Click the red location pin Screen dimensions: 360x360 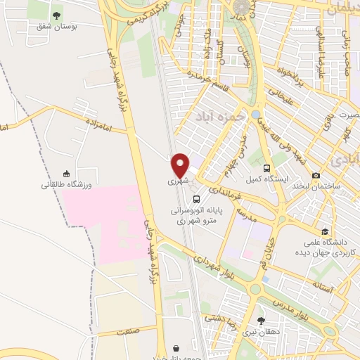(x=181, y=165)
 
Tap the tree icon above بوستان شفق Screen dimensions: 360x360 (x=56, y=15)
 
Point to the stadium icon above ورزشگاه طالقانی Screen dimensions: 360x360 (x=67, y=173)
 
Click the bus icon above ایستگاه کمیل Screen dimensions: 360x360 (x=266, y=168)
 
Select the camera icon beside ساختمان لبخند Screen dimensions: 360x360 (x=316, y=175)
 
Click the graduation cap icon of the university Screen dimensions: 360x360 (x=324, y=231)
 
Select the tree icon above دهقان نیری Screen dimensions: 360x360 (x=261, y=321)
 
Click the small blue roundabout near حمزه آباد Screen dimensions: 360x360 (x=255, y=114)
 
